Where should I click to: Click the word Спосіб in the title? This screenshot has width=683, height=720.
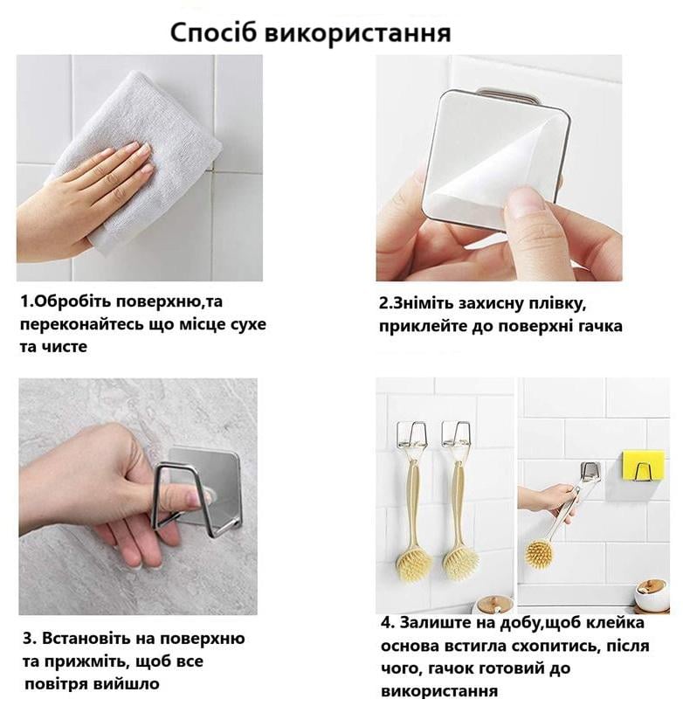(x=213, y=33)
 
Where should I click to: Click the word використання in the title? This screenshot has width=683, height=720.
(x=358, y=33)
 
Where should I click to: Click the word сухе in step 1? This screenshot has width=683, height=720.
(x=247, y=325)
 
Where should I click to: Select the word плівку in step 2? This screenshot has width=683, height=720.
(x=557, y=304)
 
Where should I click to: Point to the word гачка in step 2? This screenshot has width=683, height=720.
(x=597, y=327)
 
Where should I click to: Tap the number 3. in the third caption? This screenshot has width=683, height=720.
(x=30, y=639)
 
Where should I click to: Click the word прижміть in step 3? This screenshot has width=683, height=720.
(x=85, y=662)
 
